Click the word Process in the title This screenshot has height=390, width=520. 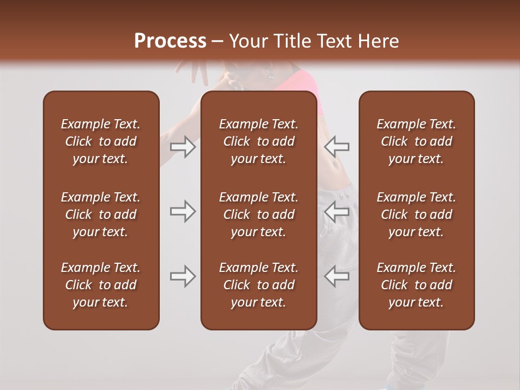tap(170, 41)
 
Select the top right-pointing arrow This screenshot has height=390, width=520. tap(183, 147)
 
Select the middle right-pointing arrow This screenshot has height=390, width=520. tap(183, 211)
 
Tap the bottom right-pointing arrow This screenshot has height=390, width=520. tap(183, 276)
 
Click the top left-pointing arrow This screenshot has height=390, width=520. tap(337, 147)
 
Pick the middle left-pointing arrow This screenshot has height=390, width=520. tap(337, 211)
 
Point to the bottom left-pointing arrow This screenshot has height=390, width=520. tap(337, 276)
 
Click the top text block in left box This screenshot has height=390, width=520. tap(100, 141)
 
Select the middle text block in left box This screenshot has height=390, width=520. tap(100, 214)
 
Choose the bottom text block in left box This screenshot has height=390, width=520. tap(100, 285)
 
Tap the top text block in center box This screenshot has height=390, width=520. tap(258, 141)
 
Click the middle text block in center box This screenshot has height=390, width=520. tap(258, 214)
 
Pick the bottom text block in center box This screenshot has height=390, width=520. tap(258, 285)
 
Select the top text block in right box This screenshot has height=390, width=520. tap(416, 141)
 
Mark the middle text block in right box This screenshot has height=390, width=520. tap(416, 214)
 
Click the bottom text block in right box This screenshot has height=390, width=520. tap(416, 285)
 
